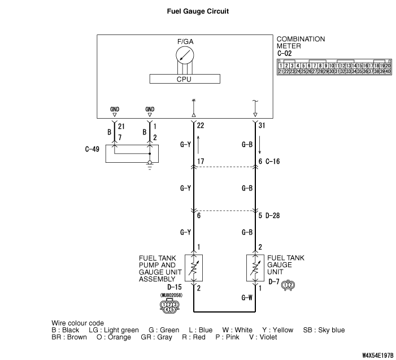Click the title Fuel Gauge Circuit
pos(198,11)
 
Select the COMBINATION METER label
pos(301,42)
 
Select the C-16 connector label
pos(274,162)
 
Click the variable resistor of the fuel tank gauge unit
pos(255,267)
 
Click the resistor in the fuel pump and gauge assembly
pos(194,267)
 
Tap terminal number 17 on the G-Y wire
pos(201,162)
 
